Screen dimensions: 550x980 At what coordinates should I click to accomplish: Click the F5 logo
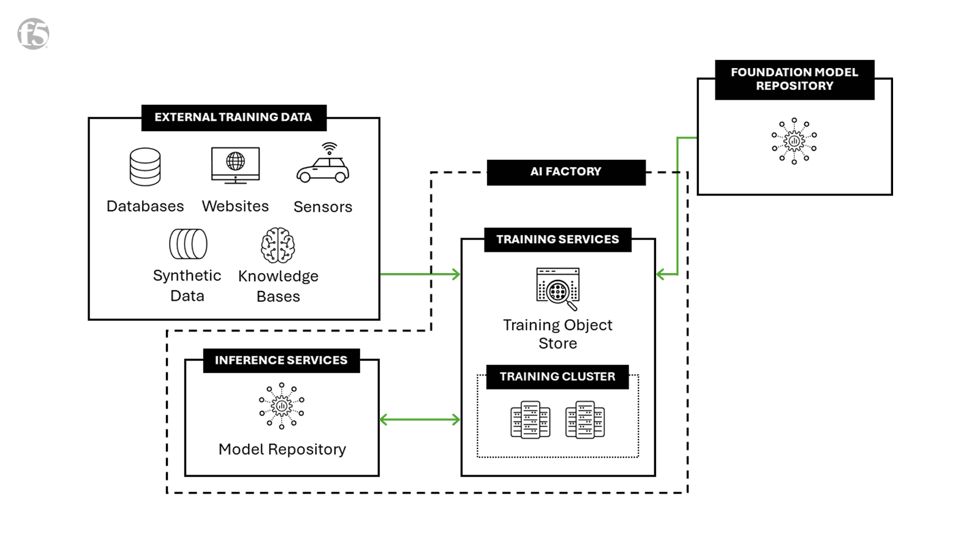point(33,34)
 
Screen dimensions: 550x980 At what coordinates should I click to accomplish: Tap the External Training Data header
point(233,117)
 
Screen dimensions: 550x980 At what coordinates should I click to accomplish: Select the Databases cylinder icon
point(145,167)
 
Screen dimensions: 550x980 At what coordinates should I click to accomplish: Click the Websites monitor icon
point(235,165)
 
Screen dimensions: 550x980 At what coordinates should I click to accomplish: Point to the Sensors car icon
point(323,164)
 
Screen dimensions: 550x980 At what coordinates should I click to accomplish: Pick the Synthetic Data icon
point(188,244)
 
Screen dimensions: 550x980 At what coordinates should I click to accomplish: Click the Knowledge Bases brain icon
point(278,245)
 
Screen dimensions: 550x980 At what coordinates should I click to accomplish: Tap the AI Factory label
point(565,171)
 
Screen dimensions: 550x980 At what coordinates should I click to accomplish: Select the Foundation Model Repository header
point(794,79)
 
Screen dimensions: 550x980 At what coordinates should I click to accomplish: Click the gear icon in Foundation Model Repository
point(794,141)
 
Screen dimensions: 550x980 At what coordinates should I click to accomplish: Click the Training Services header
point(557,239)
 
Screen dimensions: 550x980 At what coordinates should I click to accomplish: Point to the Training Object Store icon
point(557,288)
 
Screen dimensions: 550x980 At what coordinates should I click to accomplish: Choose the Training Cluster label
point(557,377)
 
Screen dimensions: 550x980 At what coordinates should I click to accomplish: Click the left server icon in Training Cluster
point(530,420)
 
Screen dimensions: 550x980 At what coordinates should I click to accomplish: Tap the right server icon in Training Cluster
point(585,420)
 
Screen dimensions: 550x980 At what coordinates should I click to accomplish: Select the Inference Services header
point(281,360)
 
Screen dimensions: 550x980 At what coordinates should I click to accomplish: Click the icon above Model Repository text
point(282,405)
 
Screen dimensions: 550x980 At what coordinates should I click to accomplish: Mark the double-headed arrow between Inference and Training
point(420,420)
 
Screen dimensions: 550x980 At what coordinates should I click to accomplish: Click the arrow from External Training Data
point(420,274)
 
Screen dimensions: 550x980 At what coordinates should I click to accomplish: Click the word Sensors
point(323,207)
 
